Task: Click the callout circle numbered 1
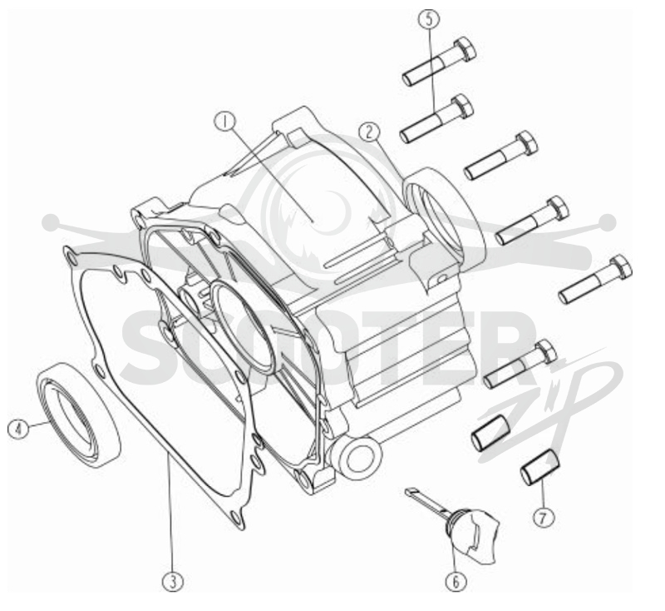tap(224, 122)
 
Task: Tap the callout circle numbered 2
tap(369, 132)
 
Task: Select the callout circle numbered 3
tap(173, 581)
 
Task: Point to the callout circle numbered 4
tap(18, 429)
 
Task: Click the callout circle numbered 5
tap(430, 19)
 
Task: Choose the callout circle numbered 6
tap(456, 581)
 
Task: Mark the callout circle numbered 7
tap(544, 517)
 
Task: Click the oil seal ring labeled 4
tap(79, 415)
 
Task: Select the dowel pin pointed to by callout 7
tap(540, 467)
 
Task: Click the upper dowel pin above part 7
tap(491, 433)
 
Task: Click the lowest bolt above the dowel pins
tap(520, 364)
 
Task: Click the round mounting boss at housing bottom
tap(357, 459)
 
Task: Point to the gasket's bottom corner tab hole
tap(236, 516)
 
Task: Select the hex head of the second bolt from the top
tap(463, 106)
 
